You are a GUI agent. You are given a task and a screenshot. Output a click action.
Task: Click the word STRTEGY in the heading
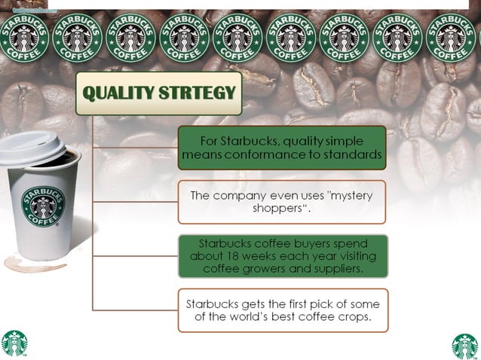[x=199, y=93]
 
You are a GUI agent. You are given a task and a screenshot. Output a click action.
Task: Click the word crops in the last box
[x=351, y=317]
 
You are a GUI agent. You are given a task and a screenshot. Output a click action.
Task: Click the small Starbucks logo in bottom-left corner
[x=14, y=344]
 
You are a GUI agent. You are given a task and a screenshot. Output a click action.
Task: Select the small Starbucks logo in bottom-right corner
[x=465, y=346]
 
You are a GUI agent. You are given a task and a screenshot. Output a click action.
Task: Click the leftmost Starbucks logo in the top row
[x=23, y=36]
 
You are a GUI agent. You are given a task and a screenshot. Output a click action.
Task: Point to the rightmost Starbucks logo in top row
[x=451, y=36]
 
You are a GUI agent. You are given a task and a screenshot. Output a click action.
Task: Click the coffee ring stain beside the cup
[x=23, y=264]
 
